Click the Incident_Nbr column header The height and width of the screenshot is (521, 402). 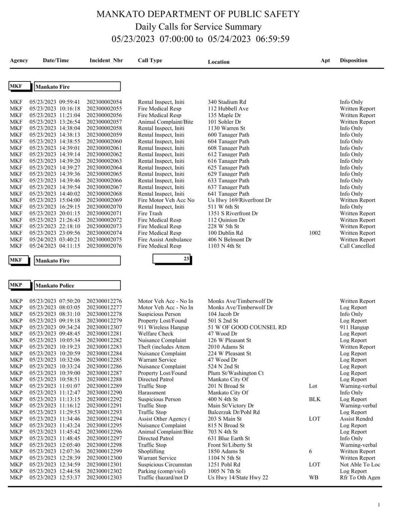(106, 61)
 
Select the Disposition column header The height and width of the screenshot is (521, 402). (353, 61)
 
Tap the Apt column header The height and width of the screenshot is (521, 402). (325, 61)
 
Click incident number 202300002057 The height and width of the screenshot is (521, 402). (104, 122)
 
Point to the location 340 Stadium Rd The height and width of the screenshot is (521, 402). (226, 102)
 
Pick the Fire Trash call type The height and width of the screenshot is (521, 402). (150, 214)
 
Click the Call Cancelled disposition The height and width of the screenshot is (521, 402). (357, 246)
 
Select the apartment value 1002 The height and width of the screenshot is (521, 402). (315, 233)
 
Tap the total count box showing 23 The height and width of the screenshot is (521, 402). (172, 259)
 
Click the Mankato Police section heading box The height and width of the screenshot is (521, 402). (77, 286)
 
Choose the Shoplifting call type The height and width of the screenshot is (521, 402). (151, 452)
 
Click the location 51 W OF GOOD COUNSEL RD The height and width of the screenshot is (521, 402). (247, 327)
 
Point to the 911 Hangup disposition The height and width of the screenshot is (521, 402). (354, 327)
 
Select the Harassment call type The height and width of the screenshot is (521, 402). (152, 393)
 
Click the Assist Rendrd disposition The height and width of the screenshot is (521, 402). (356, 419)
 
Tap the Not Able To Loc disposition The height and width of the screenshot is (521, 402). (360, 465)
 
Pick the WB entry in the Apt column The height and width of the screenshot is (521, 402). (314, 478)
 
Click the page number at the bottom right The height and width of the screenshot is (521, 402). (379, 505)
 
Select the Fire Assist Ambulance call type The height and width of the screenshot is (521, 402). (165, 240)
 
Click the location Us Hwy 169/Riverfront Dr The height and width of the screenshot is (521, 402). (240, 200)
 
